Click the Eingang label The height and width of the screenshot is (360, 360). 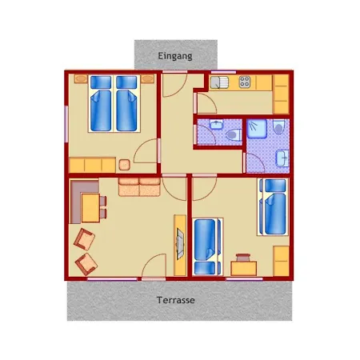175,56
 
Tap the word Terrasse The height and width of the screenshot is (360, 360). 176,300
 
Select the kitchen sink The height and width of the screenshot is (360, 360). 219,82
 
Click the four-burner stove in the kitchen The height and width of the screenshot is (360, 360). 245,82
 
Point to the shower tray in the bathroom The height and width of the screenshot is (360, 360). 257,129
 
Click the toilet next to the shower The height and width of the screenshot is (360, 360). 279,126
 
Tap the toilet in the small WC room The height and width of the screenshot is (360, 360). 234,134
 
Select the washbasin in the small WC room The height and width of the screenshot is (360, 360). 216,124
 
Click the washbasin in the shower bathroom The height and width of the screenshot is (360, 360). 282,158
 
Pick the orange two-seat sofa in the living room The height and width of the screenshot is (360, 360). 139,186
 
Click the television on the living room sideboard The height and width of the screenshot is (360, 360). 180,244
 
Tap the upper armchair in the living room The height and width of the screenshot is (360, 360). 84,239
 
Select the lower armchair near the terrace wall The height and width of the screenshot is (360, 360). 86,264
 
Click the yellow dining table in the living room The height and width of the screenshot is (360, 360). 90,208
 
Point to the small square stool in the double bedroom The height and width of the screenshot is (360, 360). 124,165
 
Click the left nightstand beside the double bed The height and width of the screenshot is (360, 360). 81,79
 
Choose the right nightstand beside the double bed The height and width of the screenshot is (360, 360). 148,79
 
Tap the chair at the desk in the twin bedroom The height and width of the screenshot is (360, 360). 243,258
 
